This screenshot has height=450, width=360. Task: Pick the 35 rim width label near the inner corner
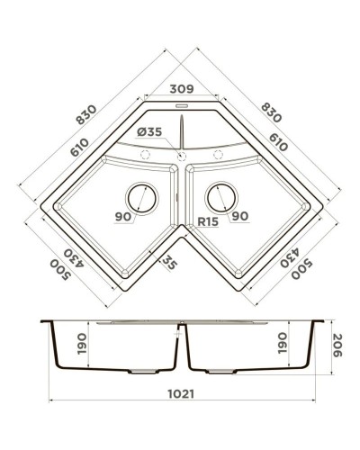[167, 262]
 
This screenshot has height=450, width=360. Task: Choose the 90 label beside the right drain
[238, 216]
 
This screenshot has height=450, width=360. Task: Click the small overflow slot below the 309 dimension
[181, 106]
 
